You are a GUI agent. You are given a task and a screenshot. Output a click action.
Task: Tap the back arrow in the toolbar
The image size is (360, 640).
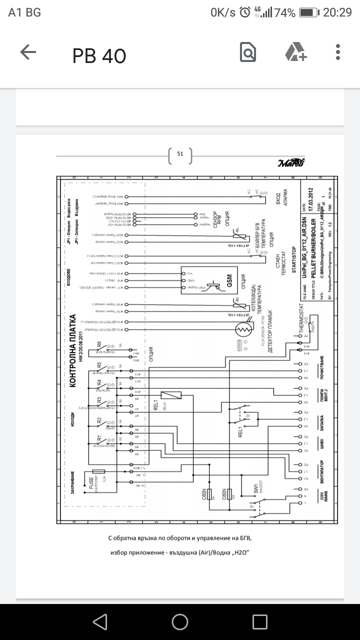click(28, 52)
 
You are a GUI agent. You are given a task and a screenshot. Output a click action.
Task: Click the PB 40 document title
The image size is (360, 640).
click(99, 56)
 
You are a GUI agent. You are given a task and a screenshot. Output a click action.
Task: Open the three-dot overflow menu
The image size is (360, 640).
click(338, 52)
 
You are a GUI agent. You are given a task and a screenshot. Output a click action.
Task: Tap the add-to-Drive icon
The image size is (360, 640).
click(295, 52)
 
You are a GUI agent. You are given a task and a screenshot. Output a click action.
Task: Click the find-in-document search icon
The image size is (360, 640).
click(248, 52)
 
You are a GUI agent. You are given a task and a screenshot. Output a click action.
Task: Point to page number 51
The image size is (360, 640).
click(180, 154)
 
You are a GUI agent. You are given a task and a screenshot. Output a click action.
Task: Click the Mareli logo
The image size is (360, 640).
click(291, 163)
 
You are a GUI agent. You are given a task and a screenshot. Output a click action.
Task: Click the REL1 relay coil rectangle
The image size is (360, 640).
click(170, 395)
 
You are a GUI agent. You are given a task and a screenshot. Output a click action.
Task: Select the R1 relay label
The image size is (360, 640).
click(99, 440)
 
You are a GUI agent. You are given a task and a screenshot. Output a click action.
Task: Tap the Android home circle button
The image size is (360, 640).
click(180, 622)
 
